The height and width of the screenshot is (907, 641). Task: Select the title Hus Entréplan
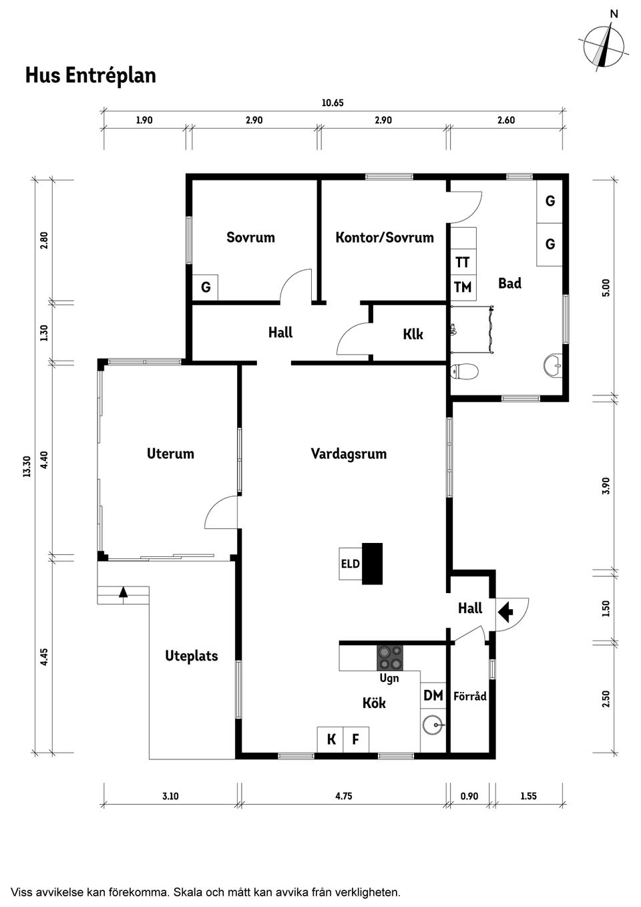pyautogui.click(x=91, y=75)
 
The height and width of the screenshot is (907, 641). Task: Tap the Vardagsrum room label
pyautogui.click(x=349, y=453)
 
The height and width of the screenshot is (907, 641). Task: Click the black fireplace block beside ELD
pyautogui.click(x=372, y=563)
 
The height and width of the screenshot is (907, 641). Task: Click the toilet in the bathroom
pyautogui.click(x=464, y=371)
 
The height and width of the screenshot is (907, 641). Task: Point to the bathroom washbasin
pyautogui.click(x=554, y=365)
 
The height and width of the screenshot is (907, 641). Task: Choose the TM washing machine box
pyautogui.click(x=463, y=287)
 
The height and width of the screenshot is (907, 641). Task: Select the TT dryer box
pyautogui.click(x=463, y=262)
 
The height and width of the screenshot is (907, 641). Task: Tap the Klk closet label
pyautogui.click(x=413, y=334)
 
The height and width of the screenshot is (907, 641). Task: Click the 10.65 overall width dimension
pyautogui.click(x=333, y=103)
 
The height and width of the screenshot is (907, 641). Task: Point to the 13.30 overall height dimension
pyautogui.click(x=27, y=466)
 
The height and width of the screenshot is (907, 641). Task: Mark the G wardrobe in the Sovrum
pyautogui.click(x=205, y=287)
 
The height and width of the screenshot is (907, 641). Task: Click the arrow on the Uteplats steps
pyautogui.click(x=124, y=592)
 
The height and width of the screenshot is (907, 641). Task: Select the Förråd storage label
pyautogui.click(x=470, y=696)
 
